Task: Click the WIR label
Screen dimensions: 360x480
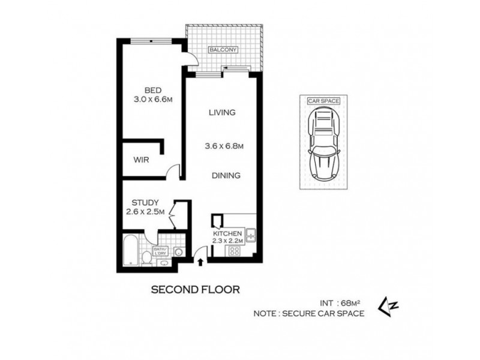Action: click(x=142, y=160)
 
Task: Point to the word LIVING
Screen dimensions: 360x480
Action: click(x=221, y=112)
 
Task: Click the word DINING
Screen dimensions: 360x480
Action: click(x=226, y=176)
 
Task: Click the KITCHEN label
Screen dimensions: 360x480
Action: click(x=228, y=233)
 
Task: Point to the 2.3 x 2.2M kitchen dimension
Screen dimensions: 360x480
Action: click(x=228, y=241)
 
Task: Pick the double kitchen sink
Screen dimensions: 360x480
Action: click(x=252, y=235)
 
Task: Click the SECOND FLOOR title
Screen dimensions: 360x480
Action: click(x=196, y=290)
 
